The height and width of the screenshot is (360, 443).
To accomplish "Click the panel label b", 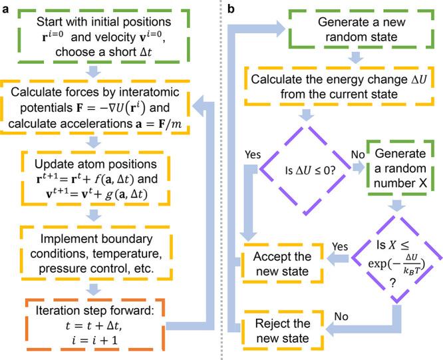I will pyautogui.click(x=231, y=8).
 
